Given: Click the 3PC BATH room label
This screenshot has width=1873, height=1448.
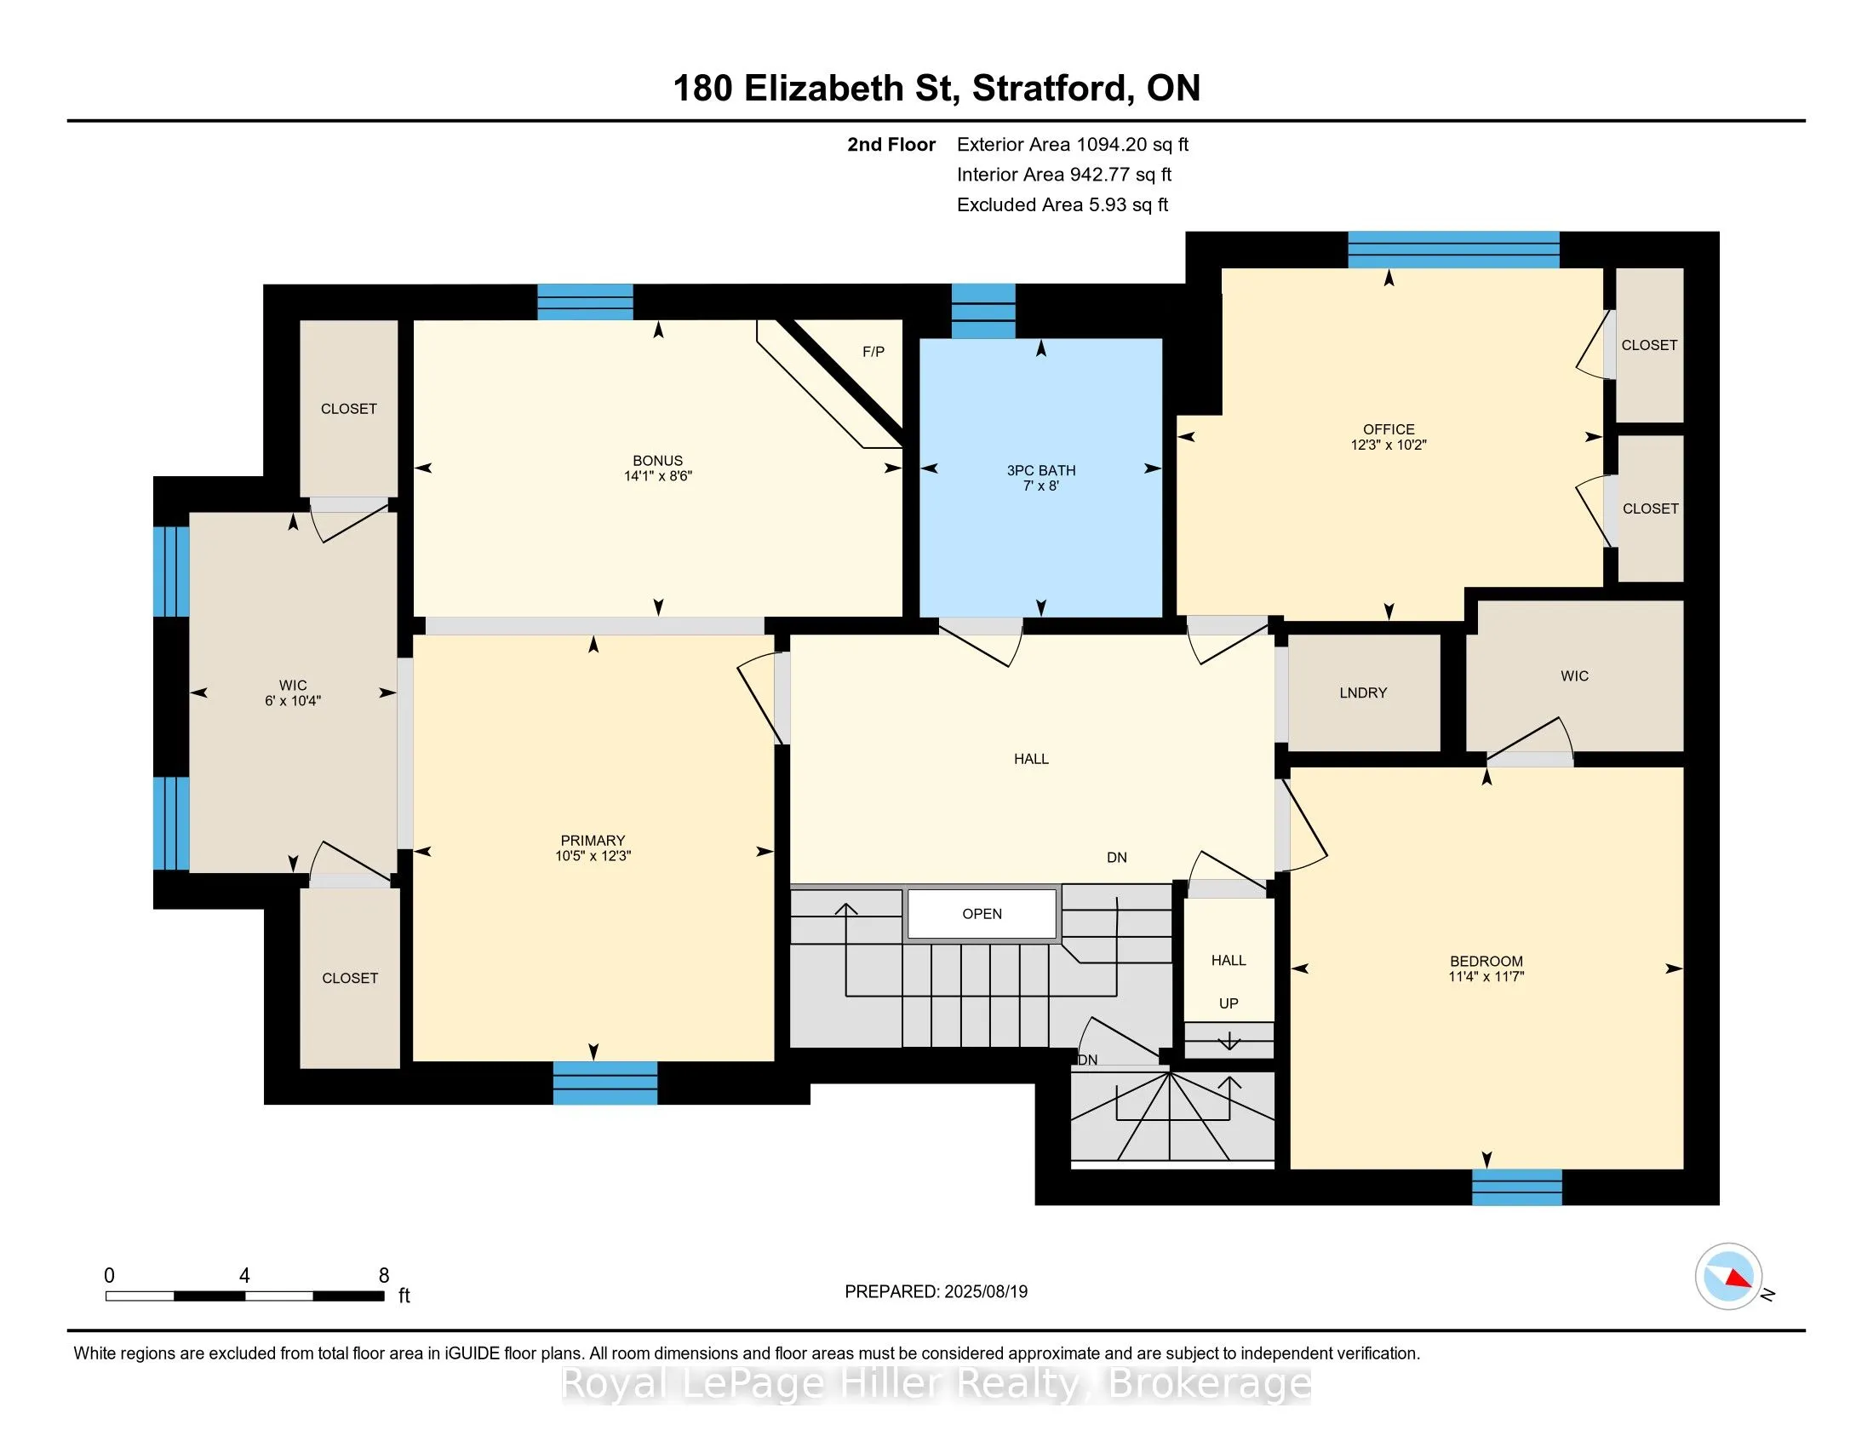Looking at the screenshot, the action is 1040,470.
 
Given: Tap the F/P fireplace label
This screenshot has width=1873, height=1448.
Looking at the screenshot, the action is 873,352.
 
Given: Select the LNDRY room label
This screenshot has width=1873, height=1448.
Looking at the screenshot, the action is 1363,692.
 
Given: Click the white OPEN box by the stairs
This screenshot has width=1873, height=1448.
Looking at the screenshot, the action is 982,914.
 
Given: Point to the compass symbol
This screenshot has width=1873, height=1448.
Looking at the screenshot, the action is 1729,1277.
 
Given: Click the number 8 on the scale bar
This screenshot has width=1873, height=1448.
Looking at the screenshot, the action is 384,1276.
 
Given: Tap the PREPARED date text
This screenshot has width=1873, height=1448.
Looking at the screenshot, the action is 936,1291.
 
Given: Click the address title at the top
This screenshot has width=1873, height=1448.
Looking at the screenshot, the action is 936,88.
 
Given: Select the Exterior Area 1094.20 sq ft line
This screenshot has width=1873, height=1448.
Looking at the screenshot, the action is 1073,144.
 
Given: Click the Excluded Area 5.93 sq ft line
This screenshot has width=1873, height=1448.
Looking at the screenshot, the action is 1063,204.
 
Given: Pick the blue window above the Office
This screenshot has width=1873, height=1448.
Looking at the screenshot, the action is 1453,250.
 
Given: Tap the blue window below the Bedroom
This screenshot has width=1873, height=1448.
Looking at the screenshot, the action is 1517,1187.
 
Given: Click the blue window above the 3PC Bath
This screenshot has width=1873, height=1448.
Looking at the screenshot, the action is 983,312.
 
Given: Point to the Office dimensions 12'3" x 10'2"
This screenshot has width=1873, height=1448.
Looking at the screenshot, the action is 1389,445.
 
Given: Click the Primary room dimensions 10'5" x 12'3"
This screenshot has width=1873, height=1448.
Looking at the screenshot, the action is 593,855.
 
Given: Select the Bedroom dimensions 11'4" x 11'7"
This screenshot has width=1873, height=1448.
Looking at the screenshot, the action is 1486,976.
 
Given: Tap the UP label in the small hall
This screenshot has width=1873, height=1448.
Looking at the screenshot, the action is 1229,1003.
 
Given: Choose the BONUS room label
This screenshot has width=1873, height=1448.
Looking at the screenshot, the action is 658,461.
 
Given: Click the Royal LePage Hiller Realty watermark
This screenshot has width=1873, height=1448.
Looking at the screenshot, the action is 936,1383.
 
